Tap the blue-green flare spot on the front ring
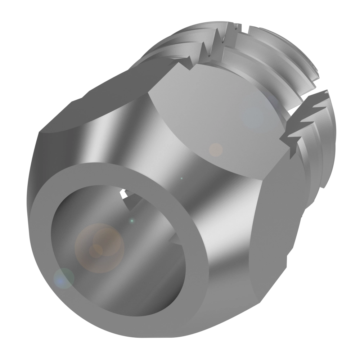[x=64, y=278]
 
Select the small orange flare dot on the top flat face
[x=216, y=150]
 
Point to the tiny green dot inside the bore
[x=132, y=220]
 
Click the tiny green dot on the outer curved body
[x=181, y=178]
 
